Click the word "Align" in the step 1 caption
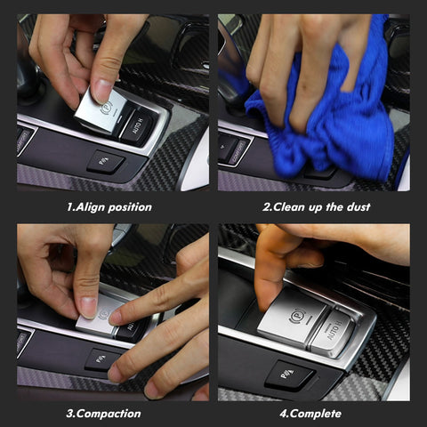93,207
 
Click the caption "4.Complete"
312,414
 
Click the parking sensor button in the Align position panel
106,162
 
